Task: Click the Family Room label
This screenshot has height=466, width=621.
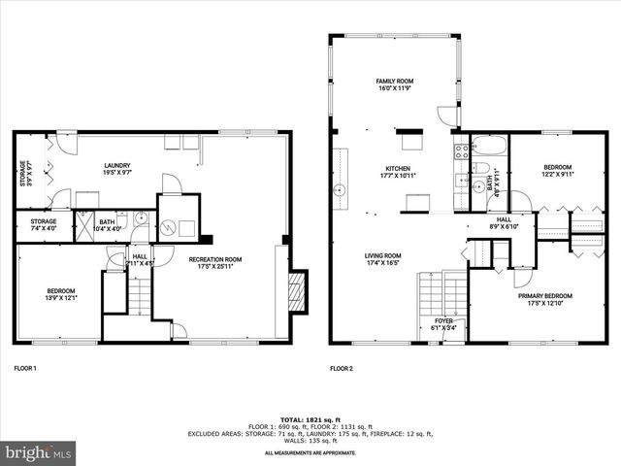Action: [x=395, y=83]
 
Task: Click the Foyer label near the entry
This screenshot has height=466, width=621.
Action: [x=442, y=324]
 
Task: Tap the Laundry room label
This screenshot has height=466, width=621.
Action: [x=117, y=169]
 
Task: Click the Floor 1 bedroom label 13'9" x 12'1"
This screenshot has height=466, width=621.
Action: [x=61, y=294]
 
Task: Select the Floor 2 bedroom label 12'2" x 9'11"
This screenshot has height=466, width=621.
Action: [x=557, y=170]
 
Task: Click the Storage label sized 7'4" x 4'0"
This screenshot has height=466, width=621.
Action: [x=43, y=224]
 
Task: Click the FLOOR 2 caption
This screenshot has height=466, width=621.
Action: [x=341, y=369]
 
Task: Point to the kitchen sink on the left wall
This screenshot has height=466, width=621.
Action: [x=340, y=190]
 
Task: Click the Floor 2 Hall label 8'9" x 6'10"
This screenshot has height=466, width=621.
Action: [x=504, y=223]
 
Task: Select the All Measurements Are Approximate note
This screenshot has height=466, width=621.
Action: [x=310, y=452]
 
